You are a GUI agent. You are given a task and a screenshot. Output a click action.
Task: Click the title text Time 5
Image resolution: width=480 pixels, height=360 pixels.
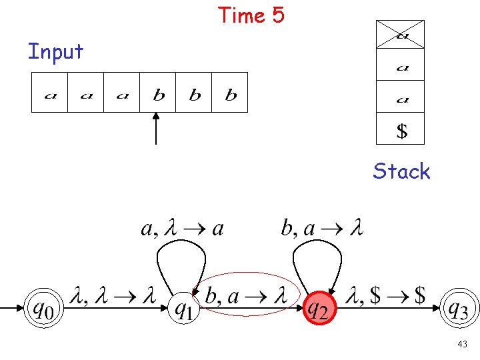coord(251,15)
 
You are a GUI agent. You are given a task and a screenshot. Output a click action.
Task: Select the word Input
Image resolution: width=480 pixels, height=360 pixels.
coord(55,51)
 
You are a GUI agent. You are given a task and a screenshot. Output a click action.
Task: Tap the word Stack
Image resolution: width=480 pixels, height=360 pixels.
coord(401,171)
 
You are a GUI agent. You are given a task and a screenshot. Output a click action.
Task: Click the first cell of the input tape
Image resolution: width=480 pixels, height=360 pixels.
coord(50,93)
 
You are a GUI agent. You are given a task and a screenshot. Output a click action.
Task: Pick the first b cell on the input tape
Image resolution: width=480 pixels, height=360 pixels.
coord(158,93)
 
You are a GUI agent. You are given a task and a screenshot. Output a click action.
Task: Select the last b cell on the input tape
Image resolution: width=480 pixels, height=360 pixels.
coord(230,93)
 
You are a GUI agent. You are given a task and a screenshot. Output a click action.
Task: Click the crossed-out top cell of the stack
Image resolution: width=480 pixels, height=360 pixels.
coord(400,35)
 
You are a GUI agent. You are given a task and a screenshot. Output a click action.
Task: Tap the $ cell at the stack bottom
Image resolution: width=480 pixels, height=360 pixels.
coord(400,129)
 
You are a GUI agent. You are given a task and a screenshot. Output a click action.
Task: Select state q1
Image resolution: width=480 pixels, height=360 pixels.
coord(184,308)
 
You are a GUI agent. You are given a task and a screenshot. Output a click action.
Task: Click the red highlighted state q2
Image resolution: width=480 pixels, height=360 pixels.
coord(319,308)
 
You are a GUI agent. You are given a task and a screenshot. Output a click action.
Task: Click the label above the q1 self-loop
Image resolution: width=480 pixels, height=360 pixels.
coord(182,229)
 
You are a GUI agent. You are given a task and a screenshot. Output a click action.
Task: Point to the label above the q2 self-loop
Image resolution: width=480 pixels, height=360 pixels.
coord(322,229)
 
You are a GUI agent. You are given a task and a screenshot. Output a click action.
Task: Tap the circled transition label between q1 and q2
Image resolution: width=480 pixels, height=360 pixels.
coord(246,296)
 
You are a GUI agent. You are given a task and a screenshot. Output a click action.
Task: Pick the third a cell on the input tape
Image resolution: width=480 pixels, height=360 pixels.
coord(122,93)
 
